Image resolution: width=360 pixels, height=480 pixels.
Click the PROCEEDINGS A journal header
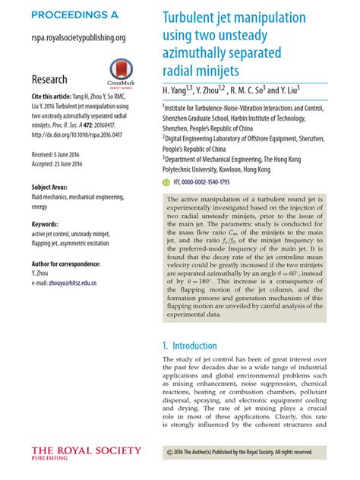(x=75, y=14)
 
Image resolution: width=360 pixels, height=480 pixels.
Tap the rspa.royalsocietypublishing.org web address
(x=78, y=36)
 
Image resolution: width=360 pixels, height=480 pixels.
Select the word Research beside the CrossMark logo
(x=49, y=79)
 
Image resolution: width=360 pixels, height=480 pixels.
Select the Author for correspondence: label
(x=71, y=264)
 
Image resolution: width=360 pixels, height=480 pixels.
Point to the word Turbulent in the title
(x=194, y=18)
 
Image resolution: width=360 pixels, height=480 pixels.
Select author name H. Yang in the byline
(x=180, y=90)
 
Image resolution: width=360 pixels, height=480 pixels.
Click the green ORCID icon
(x=167, y=182)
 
